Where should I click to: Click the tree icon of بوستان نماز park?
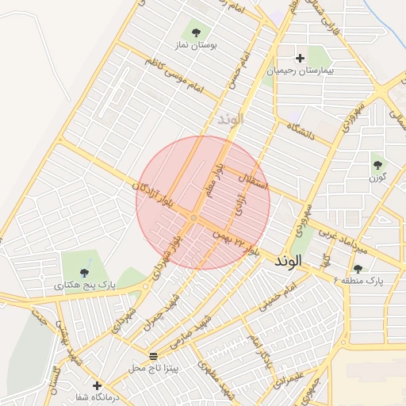pos(196,33)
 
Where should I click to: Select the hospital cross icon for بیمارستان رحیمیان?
pos(300,58)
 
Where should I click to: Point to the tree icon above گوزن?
pos(377,166)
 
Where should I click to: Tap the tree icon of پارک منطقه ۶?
pos(358,269)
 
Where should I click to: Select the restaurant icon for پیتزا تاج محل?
pos(153,354)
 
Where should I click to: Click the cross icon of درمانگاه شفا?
pos(98,385)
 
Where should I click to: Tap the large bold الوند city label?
pos(289,261)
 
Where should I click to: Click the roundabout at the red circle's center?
pos(193,216)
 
